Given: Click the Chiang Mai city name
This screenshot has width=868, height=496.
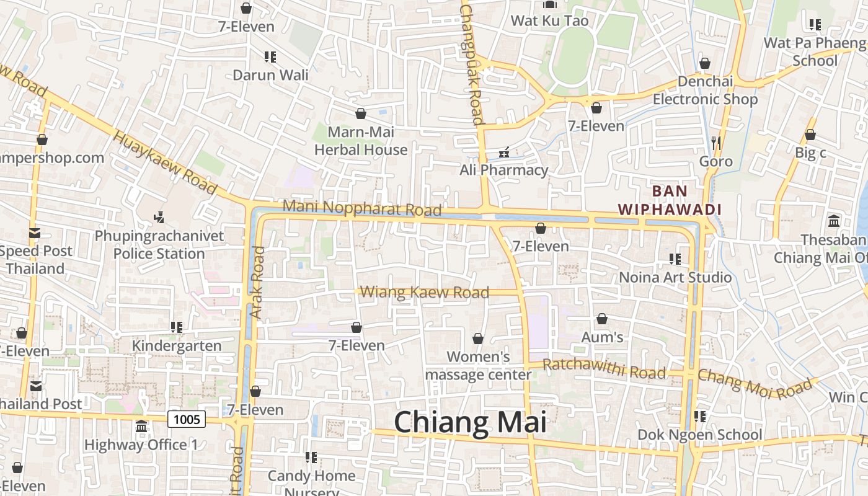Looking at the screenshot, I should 470,423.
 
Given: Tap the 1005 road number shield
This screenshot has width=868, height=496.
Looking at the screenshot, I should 187,420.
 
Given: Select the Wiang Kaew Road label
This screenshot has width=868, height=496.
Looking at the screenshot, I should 424,292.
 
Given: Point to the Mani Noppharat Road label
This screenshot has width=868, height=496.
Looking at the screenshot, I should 362,208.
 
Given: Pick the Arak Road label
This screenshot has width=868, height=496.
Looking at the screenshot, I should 257,283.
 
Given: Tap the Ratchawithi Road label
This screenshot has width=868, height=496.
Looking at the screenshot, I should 604,370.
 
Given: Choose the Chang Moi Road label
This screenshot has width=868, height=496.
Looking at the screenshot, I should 755,381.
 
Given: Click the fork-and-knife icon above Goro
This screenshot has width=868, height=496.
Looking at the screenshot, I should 716,143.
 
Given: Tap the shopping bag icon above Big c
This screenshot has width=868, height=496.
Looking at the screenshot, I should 810,135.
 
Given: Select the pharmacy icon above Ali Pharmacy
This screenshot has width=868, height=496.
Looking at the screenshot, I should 504,152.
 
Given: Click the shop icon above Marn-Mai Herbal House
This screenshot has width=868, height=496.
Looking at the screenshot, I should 361,113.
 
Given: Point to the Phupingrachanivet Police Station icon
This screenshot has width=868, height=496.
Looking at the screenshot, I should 159,217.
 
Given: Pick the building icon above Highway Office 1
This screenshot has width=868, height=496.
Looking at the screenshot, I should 141,427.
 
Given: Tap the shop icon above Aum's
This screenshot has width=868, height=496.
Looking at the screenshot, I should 602,319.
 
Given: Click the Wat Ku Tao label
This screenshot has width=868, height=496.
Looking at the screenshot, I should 549,20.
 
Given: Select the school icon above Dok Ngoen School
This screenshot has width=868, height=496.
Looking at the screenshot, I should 700,416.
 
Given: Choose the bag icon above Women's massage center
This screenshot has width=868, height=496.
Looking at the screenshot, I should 478,339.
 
